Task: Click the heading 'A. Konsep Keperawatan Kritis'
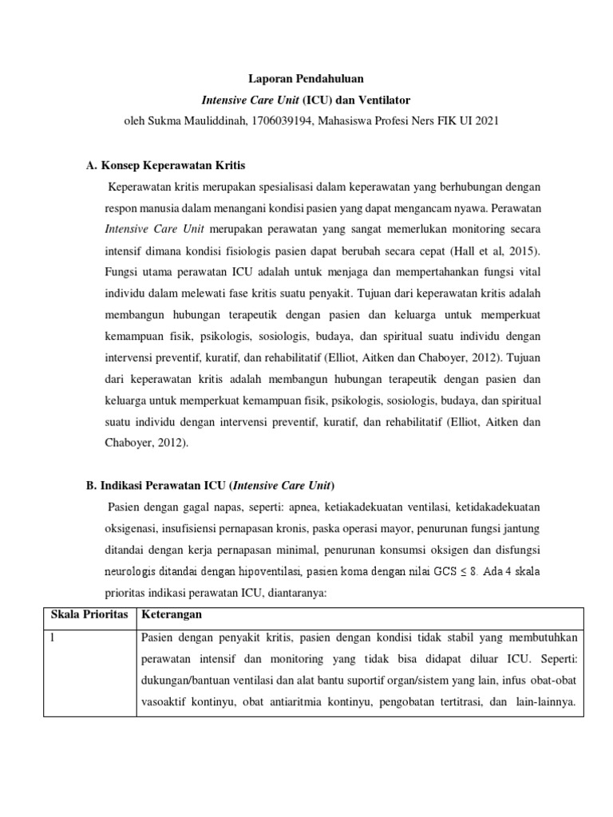pos(165,166)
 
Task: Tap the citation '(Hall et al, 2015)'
pos(496,228)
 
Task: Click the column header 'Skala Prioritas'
pos(89,615)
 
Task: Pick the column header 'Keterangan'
pos(171,615)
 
